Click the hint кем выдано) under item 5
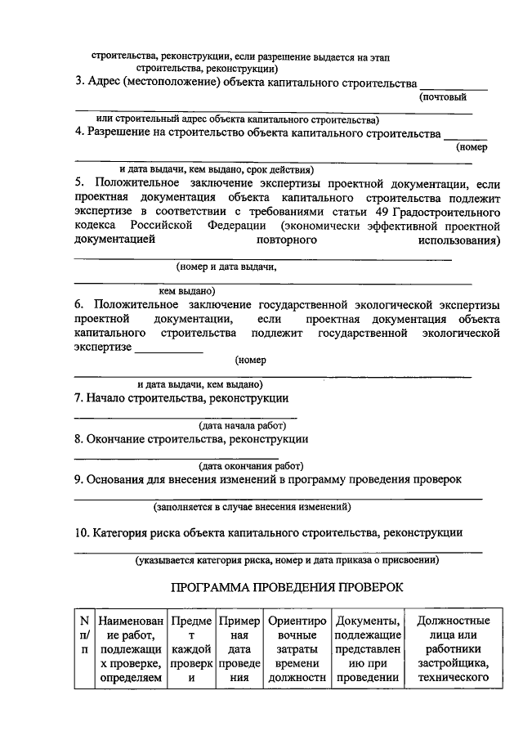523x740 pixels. click(186, 290)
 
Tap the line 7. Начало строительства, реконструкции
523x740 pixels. click(181, 398)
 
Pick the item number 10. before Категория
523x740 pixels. click(82, 532)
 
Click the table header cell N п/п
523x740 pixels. click(83, 648)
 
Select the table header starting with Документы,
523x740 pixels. click(367, 648)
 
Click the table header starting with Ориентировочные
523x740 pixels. click(297, 648)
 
